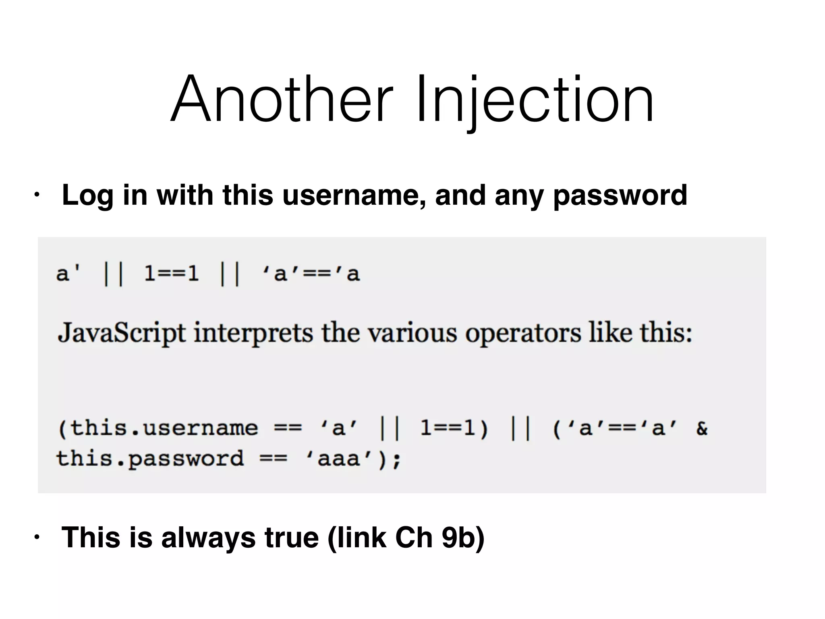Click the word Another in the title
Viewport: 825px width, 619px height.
(281, 99)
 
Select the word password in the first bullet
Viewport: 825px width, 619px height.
(620, 195)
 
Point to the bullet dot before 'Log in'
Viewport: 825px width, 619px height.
(37, 195)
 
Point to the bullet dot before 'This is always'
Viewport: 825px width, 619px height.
(37, 537)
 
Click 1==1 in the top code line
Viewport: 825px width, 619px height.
(172, 274)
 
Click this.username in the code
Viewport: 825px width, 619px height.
(158, 428)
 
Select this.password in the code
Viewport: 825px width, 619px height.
(150, 459)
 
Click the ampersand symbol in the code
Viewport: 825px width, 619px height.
(701, 428)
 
